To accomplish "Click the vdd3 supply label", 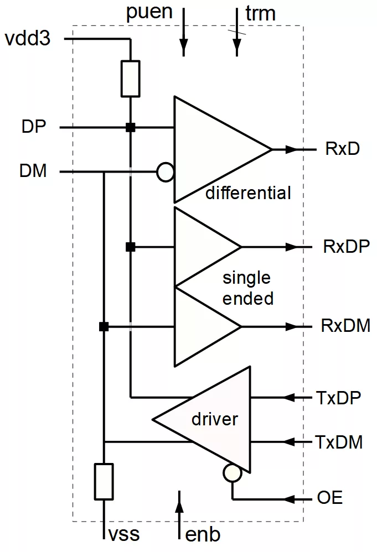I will click(27, 39).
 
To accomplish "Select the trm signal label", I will click(260, 13).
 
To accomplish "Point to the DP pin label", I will click(34, 127).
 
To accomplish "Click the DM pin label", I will click(33, 171).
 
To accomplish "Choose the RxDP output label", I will click(347, 246).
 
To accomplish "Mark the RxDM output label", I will click(345, 326).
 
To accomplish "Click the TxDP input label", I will click(339, 397).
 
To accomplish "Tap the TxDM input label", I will click(339, 442).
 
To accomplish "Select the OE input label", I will click(329, 498).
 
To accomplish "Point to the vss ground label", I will click(123, 535).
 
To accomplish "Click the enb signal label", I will click(203, 535).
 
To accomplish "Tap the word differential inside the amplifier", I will click(248, 193).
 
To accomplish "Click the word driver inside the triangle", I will click(214, 419).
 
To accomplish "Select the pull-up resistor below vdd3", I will click(130, 79).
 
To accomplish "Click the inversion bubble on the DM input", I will click(165, 172).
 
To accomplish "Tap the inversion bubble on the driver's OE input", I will click(233, 473).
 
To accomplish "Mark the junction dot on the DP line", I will click(130, 127).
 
